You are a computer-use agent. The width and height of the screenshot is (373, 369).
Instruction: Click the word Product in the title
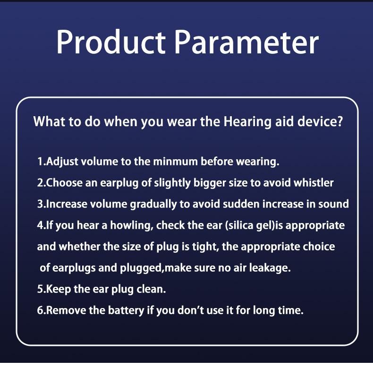(111, 43)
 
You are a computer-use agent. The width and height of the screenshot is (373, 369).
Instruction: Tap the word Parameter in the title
(246, 43)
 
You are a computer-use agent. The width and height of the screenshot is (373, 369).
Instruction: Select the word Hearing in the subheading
(247, 122)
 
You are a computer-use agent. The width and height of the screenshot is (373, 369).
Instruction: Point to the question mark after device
(340, 121)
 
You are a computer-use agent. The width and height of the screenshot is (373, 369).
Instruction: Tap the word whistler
(314, 183)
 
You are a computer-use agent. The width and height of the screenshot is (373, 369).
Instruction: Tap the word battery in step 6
(126, 311)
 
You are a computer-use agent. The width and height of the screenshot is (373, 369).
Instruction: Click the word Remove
(66, 310)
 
